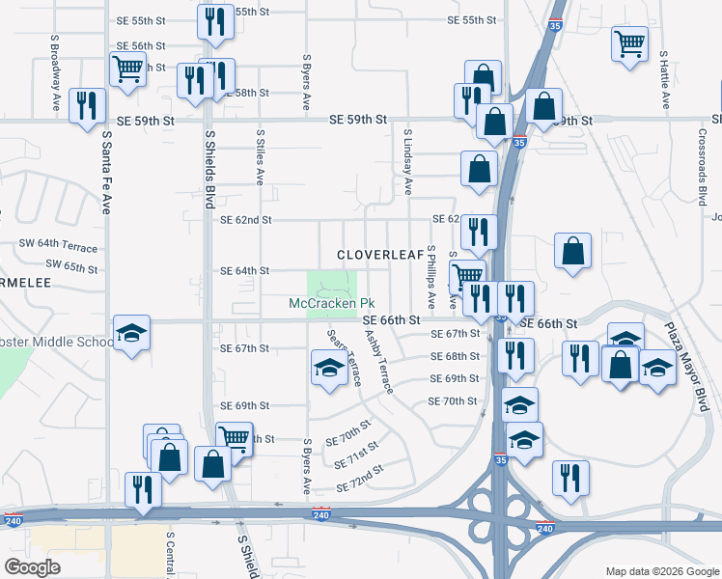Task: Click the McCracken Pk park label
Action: point(327,304)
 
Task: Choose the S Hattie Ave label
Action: point(665,78)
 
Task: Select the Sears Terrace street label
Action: point(343,358)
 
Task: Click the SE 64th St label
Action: point(244,271)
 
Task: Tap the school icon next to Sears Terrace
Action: point(329,368)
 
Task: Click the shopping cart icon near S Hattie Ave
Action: point(629,42)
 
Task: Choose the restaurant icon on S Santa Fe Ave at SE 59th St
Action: point(88,105)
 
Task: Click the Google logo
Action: point(32,567)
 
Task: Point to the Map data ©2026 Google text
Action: point(662,571)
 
